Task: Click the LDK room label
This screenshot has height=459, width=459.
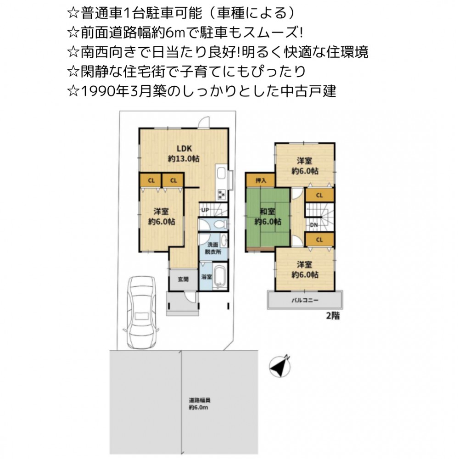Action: coord(184,148)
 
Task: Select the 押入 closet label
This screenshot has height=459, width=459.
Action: coord(261,180)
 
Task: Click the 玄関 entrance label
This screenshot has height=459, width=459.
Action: coord(183,279)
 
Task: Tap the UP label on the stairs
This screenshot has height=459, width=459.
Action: coord(205,210)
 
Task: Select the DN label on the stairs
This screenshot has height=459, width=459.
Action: coord(314,225)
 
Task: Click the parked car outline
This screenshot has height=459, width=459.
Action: coord(141,312)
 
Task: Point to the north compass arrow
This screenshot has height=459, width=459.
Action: coord(280,366)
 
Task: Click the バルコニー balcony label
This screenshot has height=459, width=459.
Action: coord(305,300)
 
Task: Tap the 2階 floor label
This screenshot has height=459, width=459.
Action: coord(333,316)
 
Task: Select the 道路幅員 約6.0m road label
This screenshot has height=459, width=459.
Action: coord(199,403)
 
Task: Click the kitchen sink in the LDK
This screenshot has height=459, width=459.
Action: coord(221,173)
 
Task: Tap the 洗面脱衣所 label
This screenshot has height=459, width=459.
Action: coord(213,248)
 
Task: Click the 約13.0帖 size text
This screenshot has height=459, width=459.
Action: coord(184,159)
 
